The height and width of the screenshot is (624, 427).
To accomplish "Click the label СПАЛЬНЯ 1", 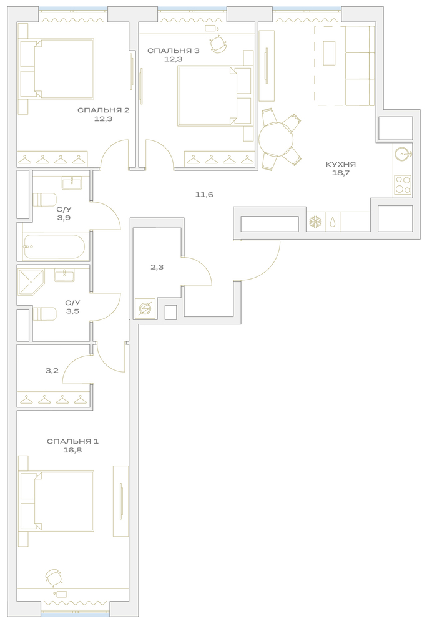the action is (72, 441).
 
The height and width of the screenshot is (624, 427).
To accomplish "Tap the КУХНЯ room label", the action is (341, 164).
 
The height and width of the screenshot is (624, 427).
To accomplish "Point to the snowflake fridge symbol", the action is (316, 222).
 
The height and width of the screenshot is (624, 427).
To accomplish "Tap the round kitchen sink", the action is (402, 153).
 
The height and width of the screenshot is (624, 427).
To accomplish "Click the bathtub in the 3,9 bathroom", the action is (54, 246).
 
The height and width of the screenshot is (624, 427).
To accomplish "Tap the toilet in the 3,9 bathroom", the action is (44, 200).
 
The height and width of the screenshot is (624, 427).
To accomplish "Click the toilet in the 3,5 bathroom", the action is (44, 314).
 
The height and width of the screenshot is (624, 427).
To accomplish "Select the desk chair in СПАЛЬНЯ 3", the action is (217, 44).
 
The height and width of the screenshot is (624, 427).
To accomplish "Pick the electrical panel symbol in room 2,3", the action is (142, 309).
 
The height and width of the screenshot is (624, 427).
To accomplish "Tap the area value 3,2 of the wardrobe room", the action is (52, 371).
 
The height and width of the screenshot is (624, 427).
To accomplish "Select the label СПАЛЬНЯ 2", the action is (103, 110).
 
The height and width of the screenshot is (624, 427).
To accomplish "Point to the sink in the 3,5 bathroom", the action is (62, 275).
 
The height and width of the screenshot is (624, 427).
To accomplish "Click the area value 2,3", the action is (157, 268).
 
